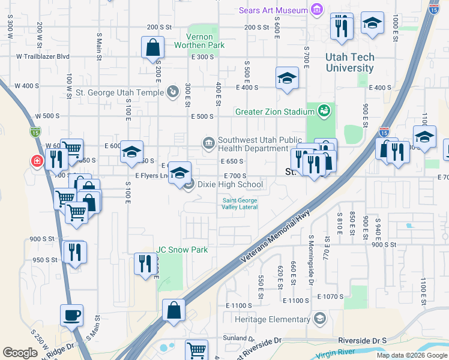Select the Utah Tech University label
pos(350,63)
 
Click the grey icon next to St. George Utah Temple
pos(173,92)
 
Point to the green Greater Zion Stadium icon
pos(324,111)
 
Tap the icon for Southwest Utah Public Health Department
pos(208,143)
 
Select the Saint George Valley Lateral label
pos(240,203)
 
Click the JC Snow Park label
pos(182,250)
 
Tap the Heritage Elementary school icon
pos(319,318)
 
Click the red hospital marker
pos(37,161)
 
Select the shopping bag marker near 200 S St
pos(153,47)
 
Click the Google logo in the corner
pos(20,352)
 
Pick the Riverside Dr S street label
pos(362,340)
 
